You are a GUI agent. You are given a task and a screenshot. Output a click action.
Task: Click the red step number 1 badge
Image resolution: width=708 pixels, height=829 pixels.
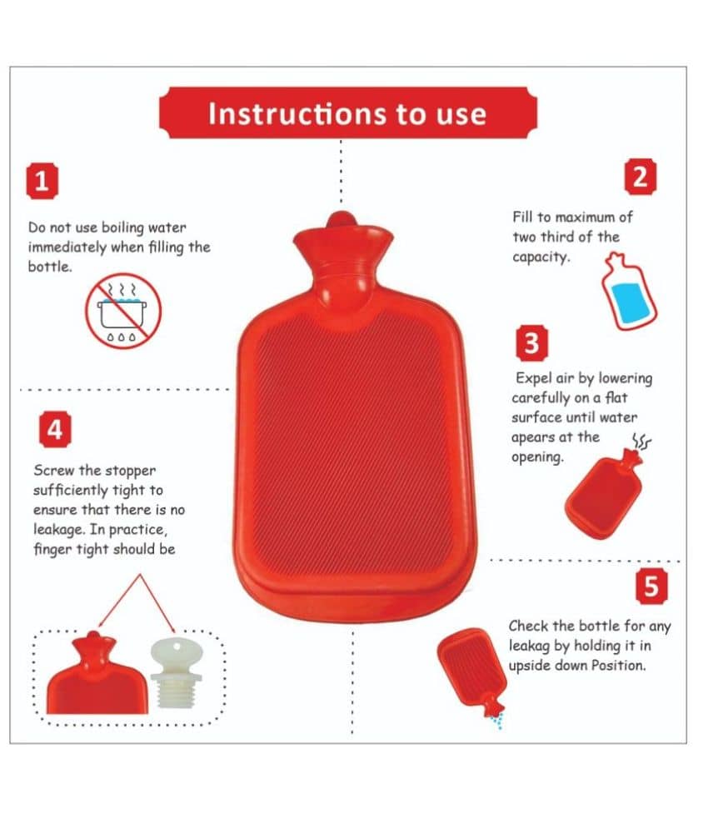[42, 182]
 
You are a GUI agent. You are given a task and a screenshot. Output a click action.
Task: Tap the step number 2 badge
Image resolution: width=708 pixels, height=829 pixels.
[641, 177]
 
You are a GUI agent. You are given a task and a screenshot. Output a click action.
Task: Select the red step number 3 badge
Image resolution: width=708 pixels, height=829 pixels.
[532, 343]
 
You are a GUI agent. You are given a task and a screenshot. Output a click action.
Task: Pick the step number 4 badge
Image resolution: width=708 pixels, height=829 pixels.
[55, 429]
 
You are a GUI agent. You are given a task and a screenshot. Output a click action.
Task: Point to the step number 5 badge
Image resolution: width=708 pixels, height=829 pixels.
[651, 587]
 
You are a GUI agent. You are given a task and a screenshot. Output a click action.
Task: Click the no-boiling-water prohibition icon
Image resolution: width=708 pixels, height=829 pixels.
[123, 311]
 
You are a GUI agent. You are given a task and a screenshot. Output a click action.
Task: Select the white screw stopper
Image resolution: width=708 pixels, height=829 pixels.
[176, 672]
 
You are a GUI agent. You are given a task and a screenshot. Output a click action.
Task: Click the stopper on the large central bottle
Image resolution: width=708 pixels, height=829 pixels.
[340, 219]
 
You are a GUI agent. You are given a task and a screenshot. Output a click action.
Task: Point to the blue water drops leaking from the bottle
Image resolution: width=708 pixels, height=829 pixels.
[496, 721]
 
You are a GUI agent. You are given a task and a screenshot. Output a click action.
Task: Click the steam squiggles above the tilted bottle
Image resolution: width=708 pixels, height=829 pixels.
[641, 442]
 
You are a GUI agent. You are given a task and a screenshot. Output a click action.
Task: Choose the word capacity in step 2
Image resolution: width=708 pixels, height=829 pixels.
[541, 257]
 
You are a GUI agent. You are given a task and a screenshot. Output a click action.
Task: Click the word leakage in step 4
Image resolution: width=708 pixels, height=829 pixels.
[58, 530]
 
